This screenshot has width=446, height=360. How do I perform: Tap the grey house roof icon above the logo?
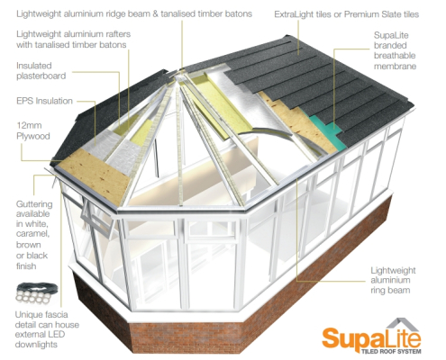pyautogui.click(x=402, y=325)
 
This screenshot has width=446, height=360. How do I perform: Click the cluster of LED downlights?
pyautogui.click(x=37, y=292)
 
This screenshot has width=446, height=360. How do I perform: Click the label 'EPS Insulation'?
pyautogui.click(x=44, y=101)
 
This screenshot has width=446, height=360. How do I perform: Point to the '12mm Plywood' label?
pyautogui.click(x=33, y=130)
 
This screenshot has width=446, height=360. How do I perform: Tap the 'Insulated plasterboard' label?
pyautogui.click(x=41, y=71)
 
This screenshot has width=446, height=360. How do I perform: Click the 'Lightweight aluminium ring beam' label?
pyautogui.click(x=393, y=280)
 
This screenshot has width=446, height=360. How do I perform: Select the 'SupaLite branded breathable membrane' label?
pyautogui.click(x=395, y=50)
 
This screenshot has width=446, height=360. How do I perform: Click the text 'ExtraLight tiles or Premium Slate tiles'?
pyautogui.click(x=346, y=14)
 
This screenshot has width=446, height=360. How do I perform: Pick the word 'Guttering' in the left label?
pyautogui.click(x=34, y=204)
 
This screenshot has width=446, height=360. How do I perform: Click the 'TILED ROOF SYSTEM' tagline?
pyautogui.click(x=391, y=351)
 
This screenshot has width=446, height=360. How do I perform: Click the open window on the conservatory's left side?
pyautogui.click(x=96, y=217)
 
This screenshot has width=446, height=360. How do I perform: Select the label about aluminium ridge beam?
pyautogui.click(x=134, y=13)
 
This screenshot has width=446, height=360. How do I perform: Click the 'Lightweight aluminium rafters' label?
pyautogui.click(x=74, y=40)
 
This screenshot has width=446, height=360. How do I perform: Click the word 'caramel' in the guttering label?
pyautogui.click(x=33, y=234)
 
